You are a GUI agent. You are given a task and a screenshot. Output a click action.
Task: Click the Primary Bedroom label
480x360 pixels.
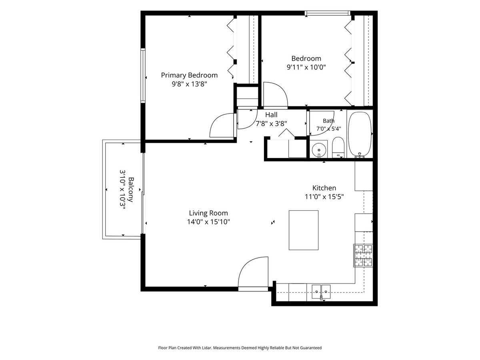189,75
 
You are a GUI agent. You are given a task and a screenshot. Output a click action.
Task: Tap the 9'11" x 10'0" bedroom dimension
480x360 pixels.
306,67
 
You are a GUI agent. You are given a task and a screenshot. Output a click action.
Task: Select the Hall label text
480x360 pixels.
271,115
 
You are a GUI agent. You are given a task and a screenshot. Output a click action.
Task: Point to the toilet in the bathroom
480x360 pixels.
338,147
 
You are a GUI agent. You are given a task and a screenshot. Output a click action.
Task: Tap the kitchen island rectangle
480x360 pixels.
304,230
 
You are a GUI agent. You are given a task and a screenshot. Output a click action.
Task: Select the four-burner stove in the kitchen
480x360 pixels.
363,256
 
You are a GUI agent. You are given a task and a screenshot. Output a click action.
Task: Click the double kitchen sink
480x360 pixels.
321,292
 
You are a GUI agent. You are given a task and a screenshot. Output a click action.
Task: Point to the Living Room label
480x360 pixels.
208,213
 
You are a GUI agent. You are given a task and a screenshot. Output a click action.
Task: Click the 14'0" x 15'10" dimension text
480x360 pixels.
208,222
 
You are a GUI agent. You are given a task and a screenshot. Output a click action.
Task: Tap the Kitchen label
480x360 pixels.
324,188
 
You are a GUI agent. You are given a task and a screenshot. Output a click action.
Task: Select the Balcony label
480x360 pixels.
131,190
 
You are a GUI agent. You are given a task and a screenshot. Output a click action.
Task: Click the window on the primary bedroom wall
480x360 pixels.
143,76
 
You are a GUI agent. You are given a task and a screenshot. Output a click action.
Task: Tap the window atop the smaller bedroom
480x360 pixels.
328,13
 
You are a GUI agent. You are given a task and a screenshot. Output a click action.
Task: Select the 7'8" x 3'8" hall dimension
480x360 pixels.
271,124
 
